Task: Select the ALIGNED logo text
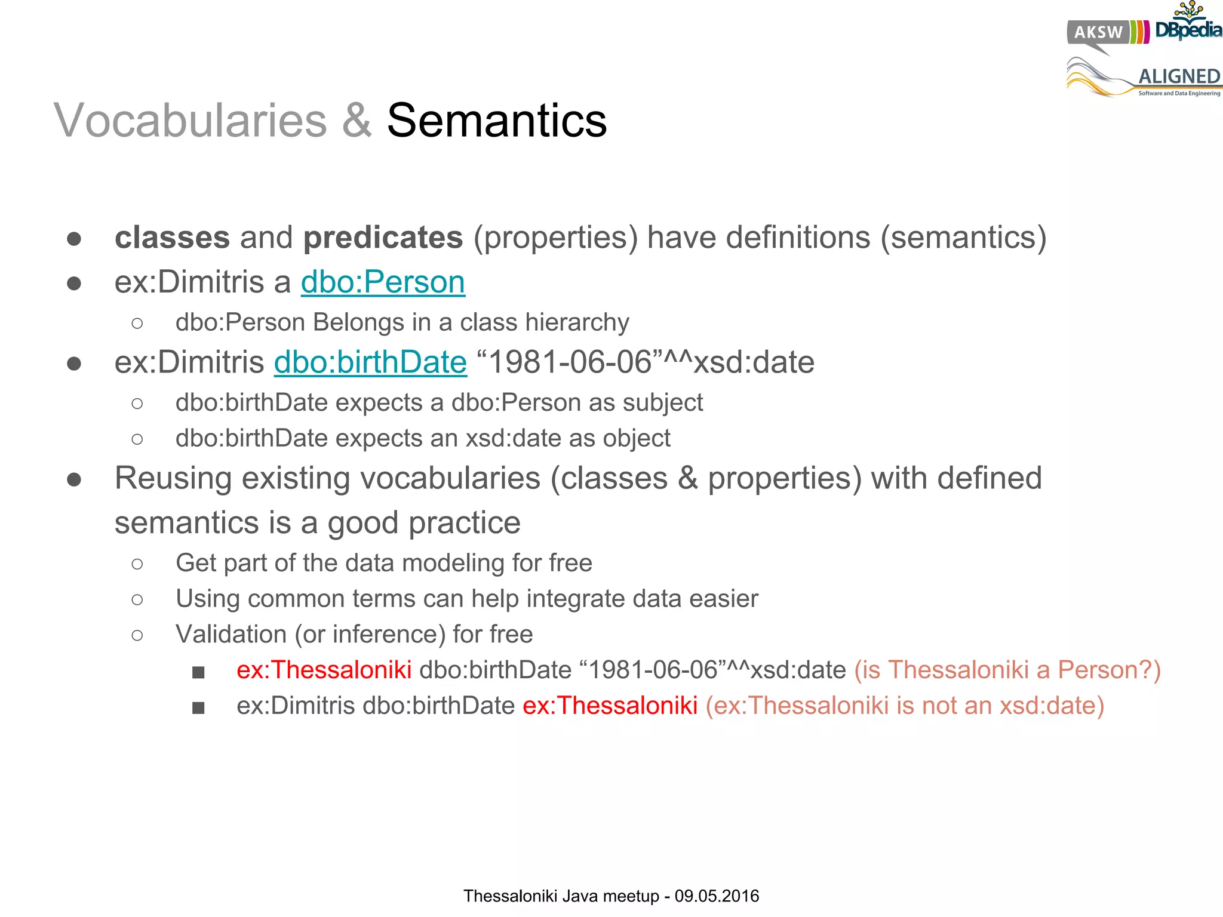[1179, 76]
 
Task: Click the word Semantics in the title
[497, 121]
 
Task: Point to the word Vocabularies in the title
[190, 121]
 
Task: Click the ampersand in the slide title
[357, 121]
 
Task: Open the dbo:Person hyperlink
[383, 282]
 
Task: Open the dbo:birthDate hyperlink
[370, 362]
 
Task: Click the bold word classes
[172, 238]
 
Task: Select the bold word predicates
[383, 238]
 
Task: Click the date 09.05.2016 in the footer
[717, 896]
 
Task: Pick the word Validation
[231, 635]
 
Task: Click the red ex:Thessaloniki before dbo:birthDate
[324, 670]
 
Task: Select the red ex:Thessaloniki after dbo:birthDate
[610, 706]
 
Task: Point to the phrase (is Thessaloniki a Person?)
[1007, 670]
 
